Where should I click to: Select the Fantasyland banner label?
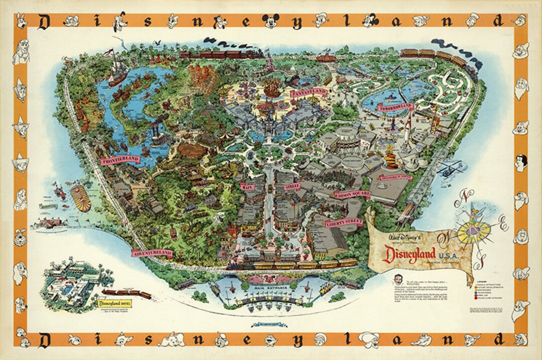tap(308, 92)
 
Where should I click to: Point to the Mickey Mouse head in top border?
tap(272, 21)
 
